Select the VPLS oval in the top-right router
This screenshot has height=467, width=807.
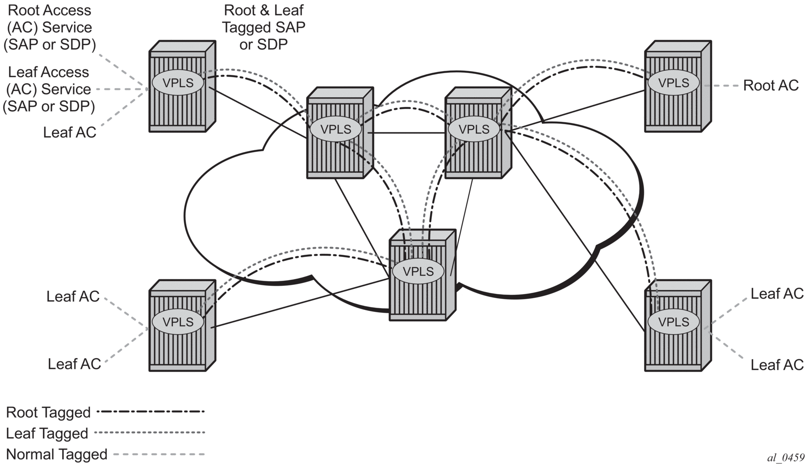coord(674,83)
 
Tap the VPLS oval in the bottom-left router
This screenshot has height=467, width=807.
coord(178,321)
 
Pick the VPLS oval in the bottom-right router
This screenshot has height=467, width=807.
coord(674,321)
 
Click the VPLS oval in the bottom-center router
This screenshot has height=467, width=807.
coord(418,271)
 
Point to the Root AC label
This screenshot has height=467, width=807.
coord(770,85)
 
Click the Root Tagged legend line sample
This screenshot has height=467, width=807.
coord(151,412)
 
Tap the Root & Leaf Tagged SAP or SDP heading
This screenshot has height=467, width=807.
coord(263,27)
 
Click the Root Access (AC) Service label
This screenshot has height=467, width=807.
coord(49,27)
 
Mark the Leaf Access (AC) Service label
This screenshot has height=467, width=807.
coord(49,89)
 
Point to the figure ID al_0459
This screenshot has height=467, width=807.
coord(786,458)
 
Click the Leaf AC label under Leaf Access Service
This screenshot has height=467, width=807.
coord(69,132)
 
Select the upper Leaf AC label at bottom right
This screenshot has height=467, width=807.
coord(777,294)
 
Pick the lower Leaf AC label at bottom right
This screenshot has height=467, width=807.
coord(777,365)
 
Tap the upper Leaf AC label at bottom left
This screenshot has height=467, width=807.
coord(73,296)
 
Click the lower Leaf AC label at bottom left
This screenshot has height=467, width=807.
coord(74,364)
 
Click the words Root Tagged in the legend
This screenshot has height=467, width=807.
coord(48,412)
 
